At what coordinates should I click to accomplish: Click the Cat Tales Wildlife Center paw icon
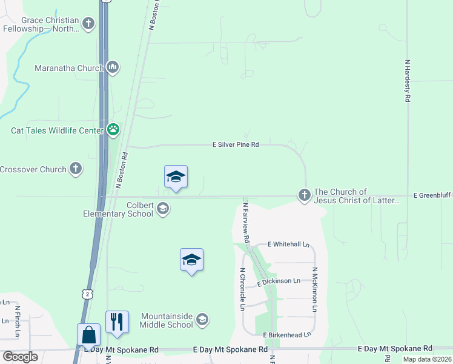(113, 129)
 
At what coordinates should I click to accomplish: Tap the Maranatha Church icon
(112, 67)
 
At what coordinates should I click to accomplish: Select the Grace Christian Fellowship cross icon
(89, 24)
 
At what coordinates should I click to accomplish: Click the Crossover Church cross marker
(76, 169)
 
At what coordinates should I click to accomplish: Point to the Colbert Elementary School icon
(162, 209)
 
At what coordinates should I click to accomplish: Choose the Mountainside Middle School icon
(202, 320)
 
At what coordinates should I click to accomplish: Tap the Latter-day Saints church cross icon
(304, 195)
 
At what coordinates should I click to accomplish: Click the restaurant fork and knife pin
(117, 322)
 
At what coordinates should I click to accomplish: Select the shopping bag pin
(88, 335)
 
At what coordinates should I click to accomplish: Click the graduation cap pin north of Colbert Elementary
(176, 177)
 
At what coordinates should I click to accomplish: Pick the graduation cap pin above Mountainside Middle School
(191, 260)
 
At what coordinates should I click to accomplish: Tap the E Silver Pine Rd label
(236, 145)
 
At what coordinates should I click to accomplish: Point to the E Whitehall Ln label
(288, 244)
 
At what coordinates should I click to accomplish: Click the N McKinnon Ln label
(315, 290)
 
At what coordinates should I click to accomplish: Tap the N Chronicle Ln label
(242, 289)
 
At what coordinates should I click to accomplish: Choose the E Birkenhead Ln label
(286, 334)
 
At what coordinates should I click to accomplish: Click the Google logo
(20, 357)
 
